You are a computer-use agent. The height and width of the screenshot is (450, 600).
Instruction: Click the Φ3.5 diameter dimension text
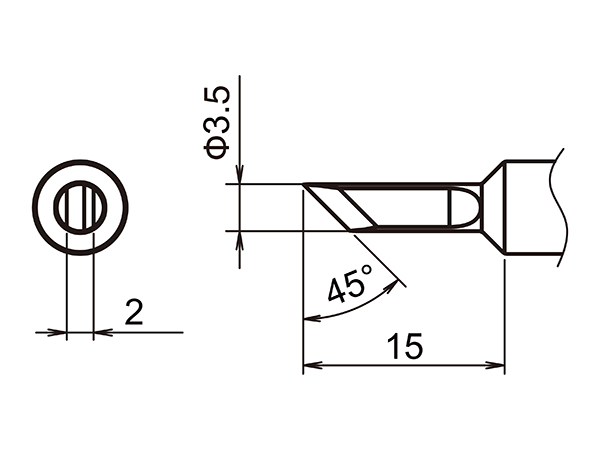[x=219, y=120]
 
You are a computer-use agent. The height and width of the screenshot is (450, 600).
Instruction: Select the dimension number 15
[x=406, y=346]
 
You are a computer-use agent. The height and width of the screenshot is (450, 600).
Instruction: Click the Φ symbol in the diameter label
[x=219, y=146]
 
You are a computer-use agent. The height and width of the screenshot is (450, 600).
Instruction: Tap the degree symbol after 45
[x=367, y=272]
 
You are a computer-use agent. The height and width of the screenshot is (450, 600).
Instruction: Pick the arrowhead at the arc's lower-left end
[x=309, y=319]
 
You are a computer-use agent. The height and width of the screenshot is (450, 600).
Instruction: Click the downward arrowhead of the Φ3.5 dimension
[x=241, y=177]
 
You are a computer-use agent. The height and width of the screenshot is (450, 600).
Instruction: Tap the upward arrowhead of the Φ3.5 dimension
[x=241, y=239]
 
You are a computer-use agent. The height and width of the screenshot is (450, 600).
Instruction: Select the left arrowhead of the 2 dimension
[x=59, y=332]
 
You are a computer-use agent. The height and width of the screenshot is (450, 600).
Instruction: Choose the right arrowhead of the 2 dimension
[x=100, y=332]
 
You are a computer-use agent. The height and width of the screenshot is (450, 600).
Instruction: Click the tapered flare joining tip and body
[x=492, y=207]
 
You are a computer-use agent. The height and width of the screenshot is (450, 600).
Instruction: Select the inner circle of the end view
[x=80, y=208]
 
